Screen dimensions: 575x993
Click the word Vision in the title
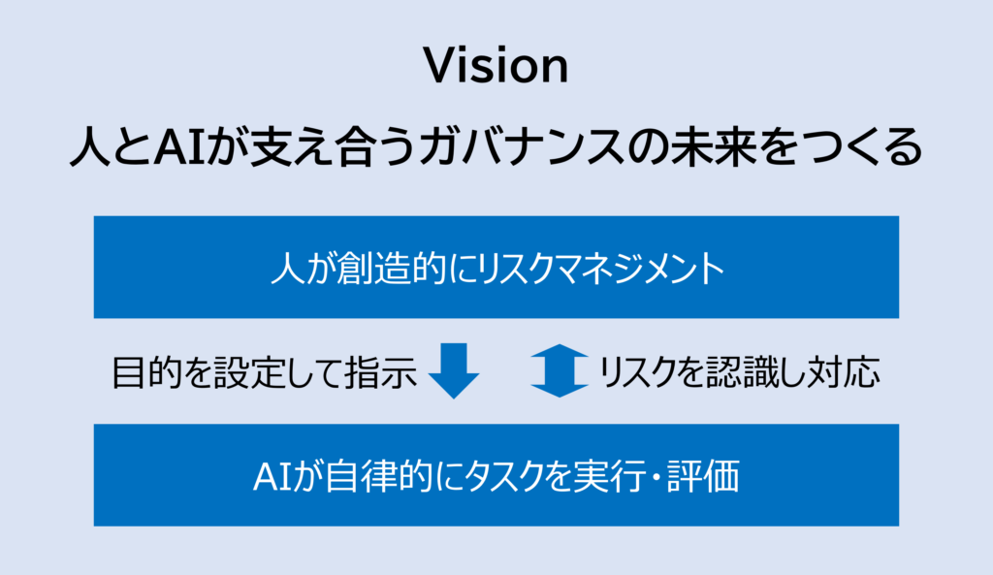coord(496,66)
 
